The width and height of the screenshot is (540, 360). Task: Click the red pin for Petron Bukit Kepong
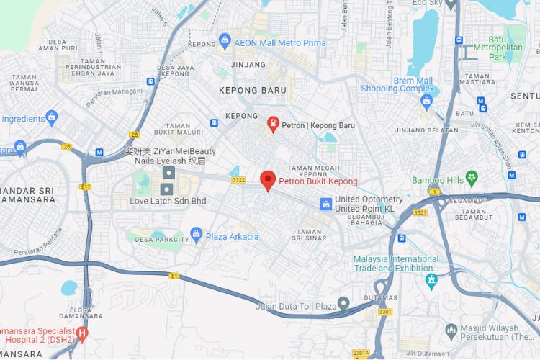pos(268,180)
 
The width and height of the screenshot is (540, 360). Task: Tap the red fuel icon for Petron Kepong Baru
pos(274,124)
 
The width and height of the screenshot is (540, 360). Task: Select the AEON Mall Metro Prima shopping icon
pos(225,39)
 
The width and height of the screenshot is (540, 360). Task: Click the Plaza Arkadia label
pos(232,236)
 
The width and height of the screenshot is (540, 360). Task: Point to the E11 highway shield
pos(86,186)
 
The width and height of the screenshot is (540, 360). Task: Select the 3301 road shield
pos(384,311)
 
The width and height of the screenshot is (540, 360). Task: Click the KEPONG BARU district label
pos(253,91)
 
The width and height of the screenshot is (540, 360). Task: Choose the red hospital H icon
pos(82,333)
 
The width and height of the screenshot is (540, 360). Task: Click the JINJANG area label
pos(248,65)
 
